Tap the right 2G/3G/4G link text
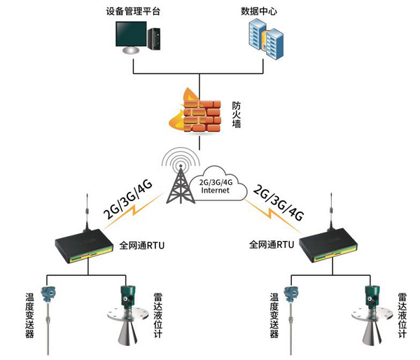(x=279, y=203)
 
